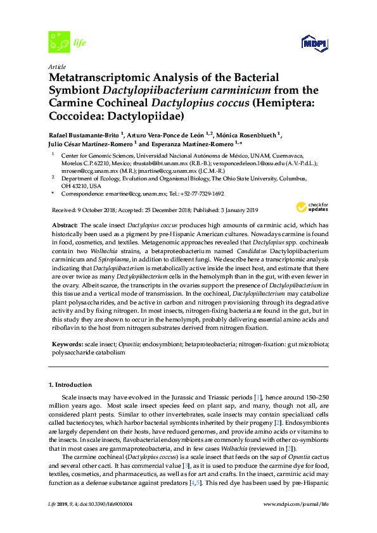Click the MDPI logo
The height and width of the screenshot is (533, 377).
point(316,42)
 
